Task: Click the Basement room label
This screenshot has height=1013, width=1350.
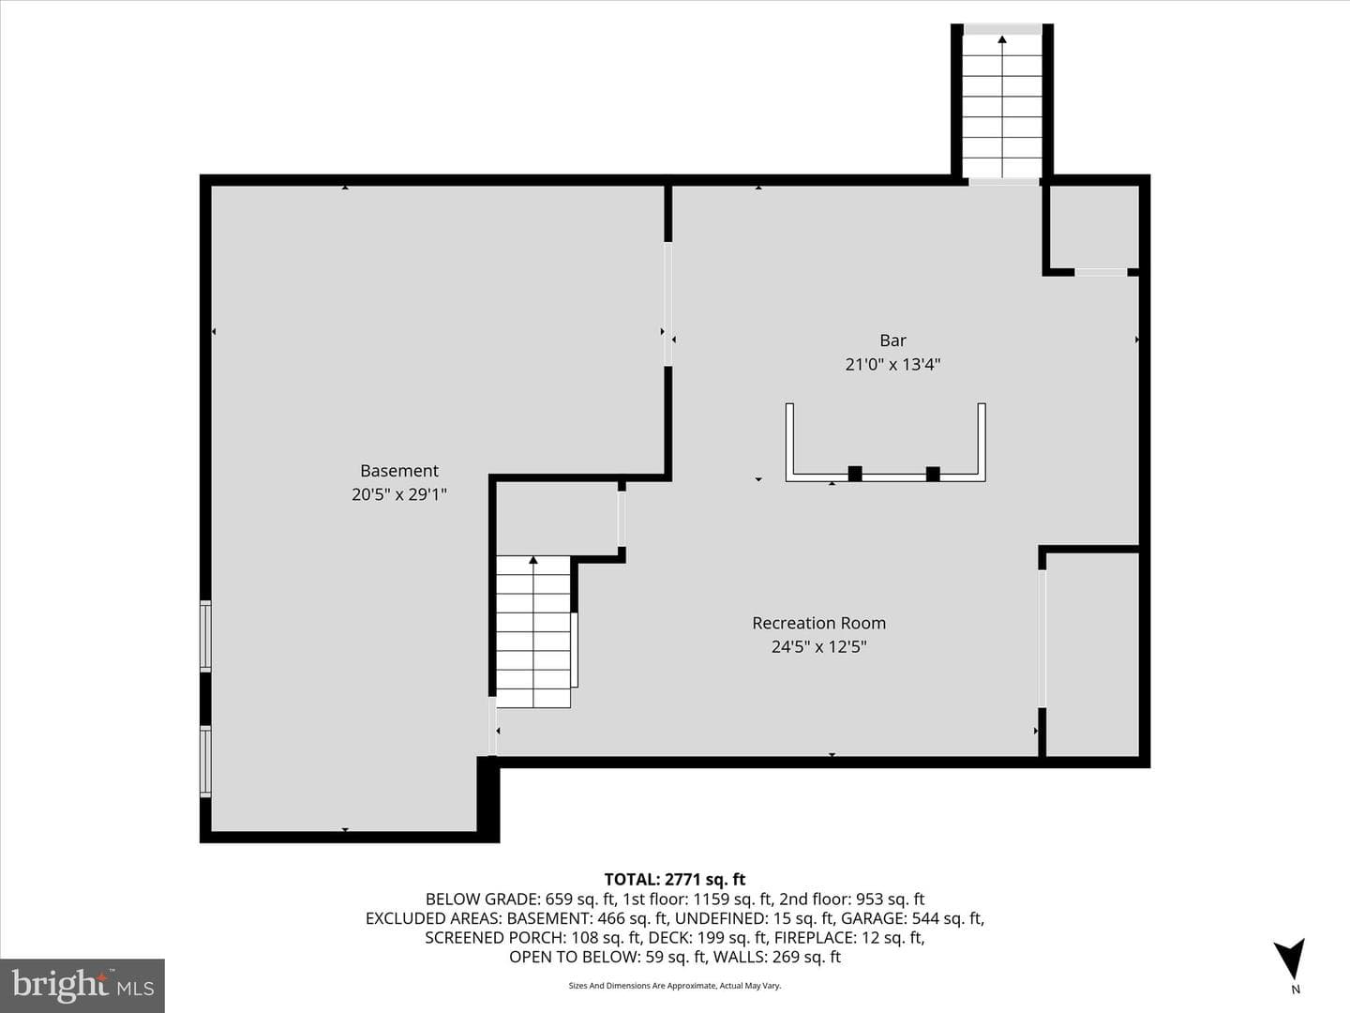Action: tap(399, 471)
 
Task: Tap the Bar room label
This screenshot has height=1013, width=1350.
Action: tap(892, 340)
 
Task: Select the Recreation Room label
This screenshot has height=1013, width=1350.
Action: tap(818, 623)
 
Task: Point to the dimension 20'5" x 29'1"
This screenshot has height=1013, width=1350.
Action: tap(399, 494)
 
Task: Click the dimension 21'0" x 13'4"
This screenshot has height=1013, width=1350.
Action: tap(892, 365)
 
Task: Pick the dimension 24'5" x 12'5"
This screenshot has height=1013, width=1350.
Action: tap(818, 647)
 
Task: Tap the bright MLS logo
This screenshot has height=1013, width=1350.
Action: tap(82, 985)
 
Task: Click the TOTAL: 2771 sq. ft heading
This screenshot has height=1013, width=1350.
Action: tap(675, 880)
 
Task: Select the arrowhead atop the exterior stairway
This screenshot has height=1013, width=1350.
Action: tap(1002, 40)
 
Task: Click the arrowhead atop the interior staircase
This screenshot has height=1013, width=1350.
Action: tap(533, 560)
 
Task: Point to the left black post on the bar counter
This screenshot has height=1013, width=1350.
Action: tap(855, 474)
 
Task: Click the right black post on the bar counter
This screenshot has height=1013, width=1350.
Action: tap(933, 474)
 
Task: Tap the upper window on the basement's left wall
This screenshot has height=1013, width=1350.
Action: tap(205, 636)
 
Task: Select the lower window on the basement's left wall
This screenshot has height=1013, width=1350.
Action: tap(205, 762)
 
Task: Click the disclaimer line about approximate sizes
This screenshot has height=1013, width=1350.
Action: tap(675, 986)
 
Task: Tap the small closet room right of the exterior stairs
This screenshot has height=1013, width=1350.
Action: tap(1094, 226)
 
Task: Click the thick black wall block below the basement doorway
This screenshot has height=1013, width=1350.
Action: tap(488, 797)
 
